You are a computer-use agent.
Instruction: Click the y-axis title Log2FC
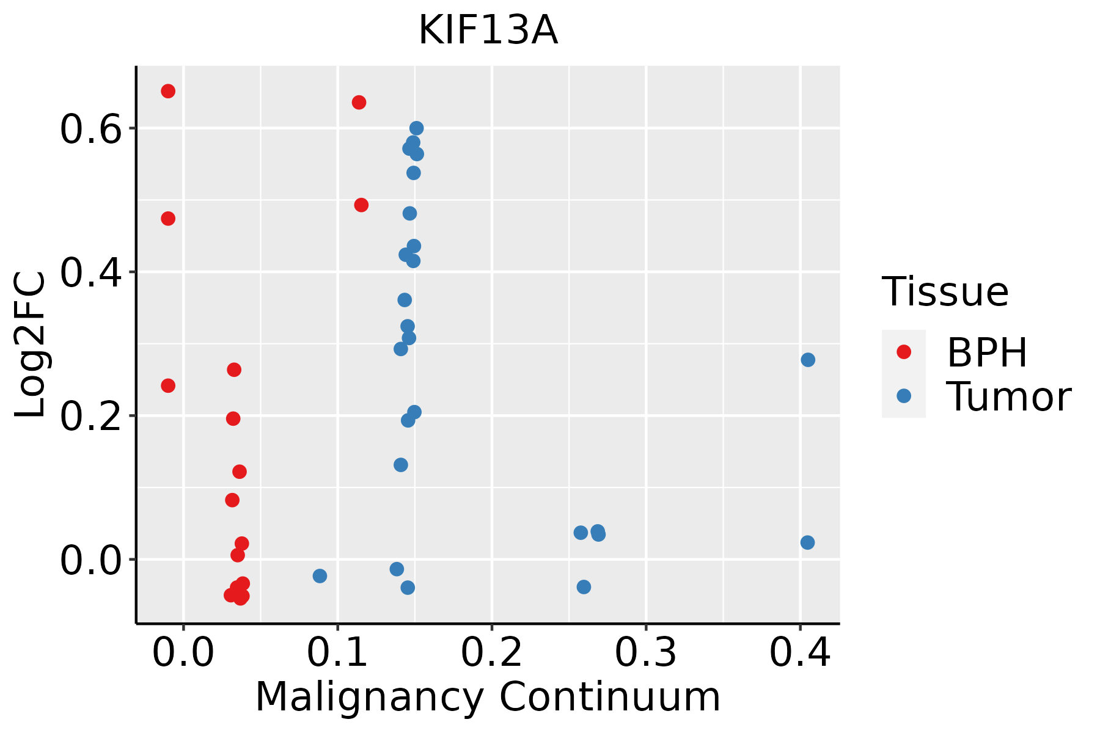(x=31, y=345)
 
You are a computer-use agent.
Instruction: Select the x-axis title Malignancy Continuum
(x=488, y=697)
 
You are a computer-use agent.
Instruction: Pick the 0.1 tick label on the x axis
(x=337, y=652)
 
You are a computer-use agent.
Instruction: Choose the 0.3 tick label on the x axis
(x=645, y=652)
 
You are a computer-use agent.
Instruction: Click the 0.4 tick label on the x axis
(x=799, y=652)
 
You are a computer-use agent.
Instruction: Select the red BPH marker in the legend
(x=903, y=352)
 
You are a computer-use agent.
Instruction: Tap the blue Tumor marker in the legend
(x=903, y=396)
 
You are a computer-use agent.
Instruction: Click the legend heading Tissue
(x=945, y=292)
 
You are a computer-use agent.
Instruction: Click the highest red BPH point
(x=168, y=91)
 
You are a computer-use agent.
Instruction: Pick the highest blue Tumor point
(x=416, y=128)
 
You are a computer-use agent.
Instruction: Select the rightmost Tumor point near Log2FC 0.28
(x=808, y=360)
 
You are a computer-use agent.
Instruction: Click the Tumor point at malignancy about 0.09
(x=320, y=576)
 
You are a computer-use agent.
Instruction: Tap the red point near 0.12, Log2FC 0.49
(x=361, y=205)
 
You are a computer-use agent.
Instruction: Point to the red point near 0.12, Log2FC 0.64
(x=359, y=102)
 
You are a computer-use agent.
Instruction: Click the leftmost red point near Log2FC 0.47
(x=168, y=219)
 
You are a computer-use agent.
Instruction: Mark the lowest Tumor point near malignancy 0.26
(x=584, y=587)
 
